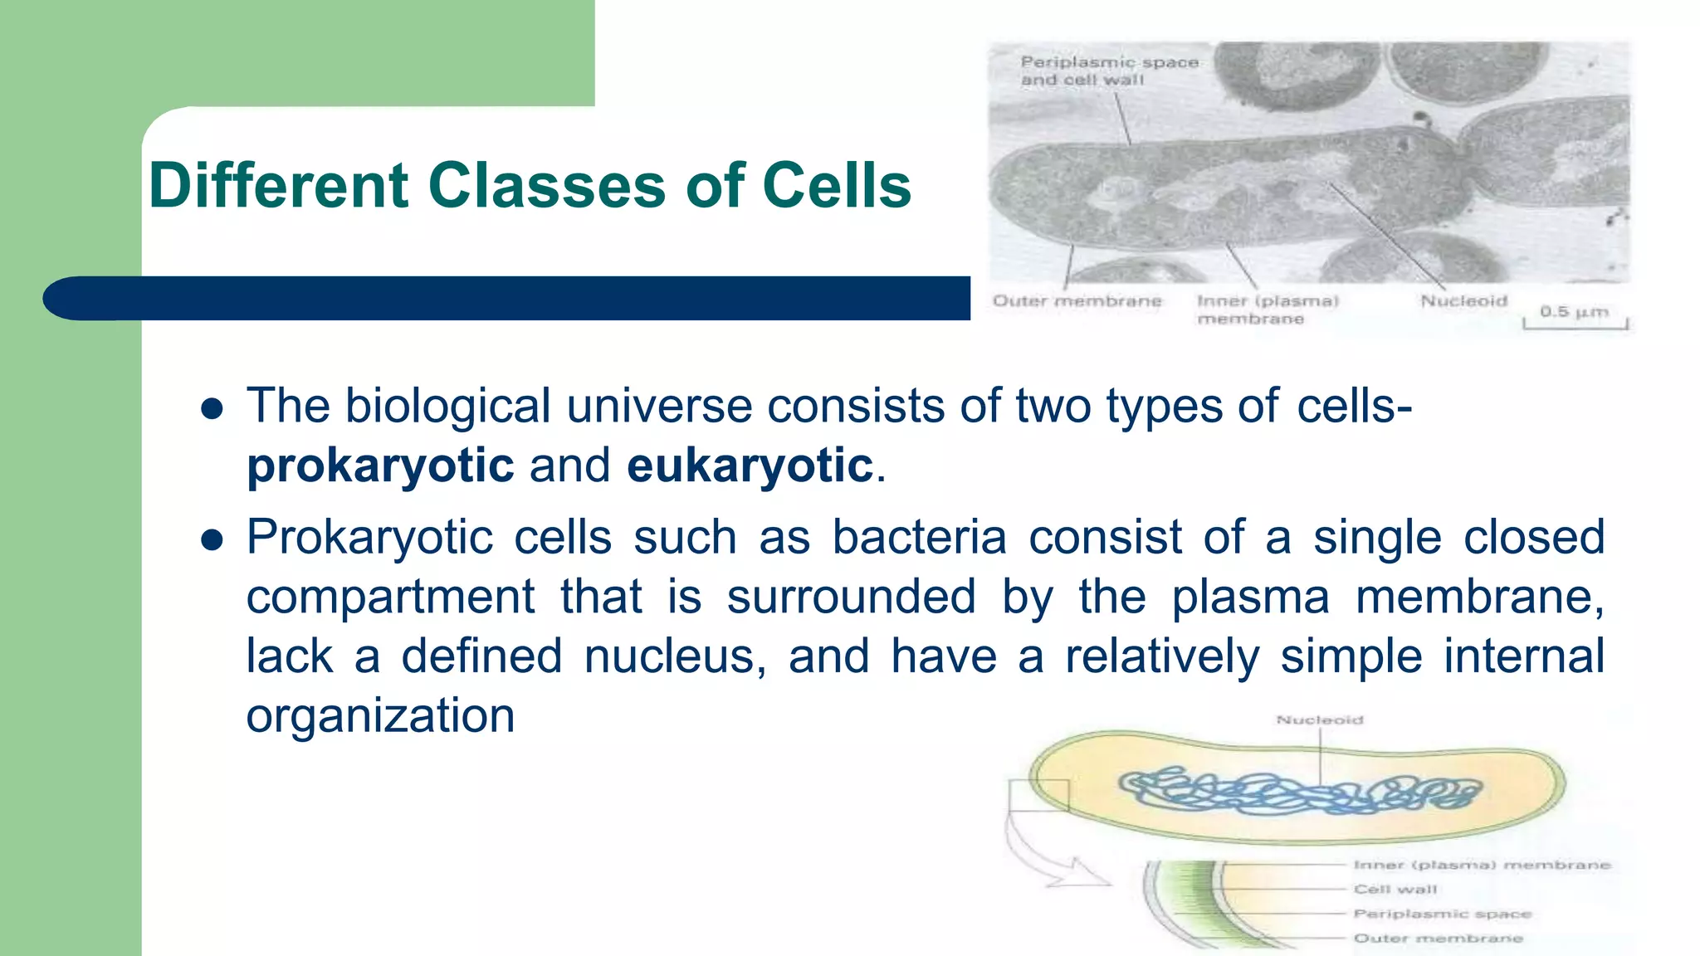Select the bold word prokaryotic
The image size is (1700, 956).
(380, 466)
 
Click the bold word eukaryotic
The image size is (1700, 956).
(750, 466)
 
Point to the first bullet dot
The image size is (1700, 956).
(212, 408)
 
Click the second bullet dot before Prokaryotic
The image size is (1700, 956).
(212, 540)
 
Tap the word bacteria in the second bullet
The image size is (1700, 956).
(919, 537)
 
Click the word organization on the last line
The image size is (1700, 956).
(380, 716)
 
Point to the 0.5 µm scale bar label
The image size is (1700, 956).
(1574, 312)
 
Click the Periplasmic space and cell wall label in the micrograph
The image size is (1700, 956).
(1108, 71)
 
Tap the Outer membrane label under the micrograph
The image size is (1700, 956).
(1077, 300)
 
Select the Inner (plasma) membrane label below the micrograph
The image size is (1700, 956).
(1267, 310)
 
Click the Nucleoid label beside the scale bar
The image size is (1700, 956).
(1463, 300)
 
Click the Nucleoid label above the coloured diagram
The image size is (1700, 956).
(1319, 719)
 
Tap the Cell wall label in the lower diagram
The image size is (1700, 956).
(1395, 889)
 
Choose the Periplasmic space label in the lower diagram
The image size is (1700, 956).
(1442, 914)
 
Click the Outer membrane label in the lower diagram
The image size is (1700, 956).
(1438, 938)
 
